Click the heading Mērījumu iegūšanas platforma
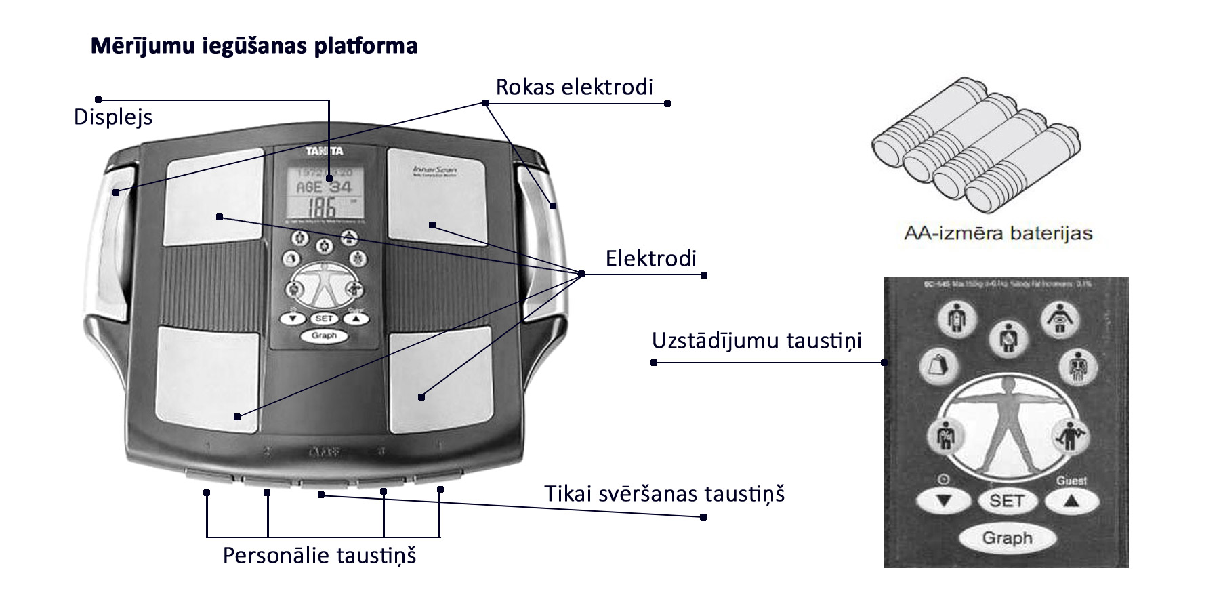(254, 46)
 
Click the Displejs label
(113, 117)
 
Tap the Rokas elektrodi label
(575, 87)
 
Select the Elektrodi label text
(650, 259)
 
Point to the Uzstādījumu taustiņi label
(756, 340)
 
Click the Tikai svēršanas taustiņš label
(664, 493)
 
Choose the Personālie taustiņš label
(319, 556)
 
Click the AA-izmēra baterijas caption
(998, 234)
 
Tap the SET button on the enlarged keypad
(1006, 501)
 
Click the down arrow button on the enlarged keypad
(943, 502)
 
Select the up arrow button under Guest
(1071, 502)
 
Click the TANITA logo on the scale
(324, 151)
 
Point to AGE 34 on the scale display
(324, 186)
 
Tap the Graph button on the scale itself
(324, 335)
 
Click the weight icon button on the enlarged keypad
(939, 366)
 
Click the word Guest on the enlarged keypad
(1071, 481)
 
